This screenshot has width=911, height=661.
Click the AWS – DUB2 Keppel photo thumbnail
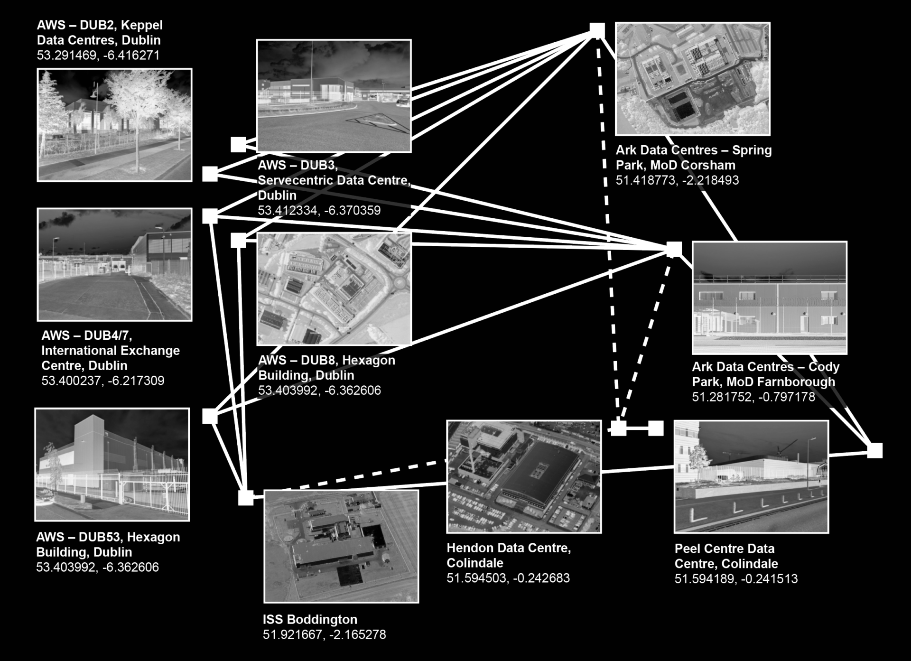coord(114,125)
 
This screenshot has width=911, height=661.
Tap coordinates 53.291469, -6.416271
coord(98,55)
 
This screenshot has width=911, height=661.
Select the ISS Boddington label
coord(310,619)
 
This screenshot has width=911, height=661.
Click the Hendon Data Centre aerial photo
coord(524,476)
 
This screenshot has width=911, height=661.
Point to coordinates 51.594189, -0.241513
coord(736,579)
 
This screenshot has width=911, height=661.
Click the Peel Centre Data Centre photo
coord(751,476)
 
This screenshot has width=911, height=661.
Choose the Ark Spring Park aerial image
coord(692,79)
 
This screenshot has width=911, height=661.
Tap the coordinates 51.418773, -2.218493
coord(677,180)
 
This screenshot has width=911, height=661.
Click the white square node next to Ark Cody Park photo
coord(674,249)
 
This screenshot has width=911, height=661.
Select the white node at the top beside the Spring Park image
coord(597,30)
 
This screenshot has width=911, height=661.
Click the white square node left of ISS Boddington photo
coord(246,498)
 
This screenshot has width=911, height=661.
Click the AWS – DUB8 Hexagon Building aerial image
coord(334,289)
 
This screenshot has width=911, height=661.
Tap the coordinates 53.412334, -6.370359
coord(319,210)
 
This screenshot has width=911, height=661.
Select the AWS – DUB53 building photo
coord(112,465)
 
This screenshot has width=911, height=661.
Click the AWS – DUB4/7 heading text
coord(87,335)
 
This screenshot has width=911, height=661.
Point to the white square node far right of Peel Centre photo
coord(875,451)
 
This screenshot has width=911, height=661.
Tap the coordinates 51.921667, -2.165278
coord(324,634)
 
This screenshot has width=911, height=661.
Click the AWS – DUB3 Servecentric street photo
coord(334,96)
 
